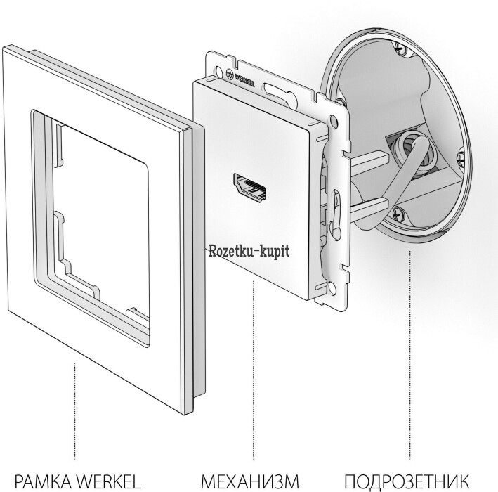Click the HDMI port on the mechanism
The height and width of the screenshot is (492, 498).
[x=250, y=189]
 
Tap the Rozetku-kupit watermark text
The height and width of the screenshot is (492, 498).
[x=249, y=252]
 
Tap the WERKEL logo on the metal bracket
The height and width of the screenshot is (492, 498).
[x=240, y=77]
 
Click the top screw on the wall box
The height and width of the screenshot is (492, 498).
[x=402, y=48]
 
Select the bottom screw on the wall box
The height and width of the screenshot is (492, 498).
[x=398, y=213]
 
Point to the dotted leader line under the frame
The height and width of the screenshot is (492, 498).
[x=75, y=411]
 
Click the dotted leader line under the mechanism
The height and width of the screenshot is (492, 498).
[x=254, y=370]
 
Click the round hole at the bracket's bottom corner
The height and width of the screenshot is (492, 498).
[x=332, y=289]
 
